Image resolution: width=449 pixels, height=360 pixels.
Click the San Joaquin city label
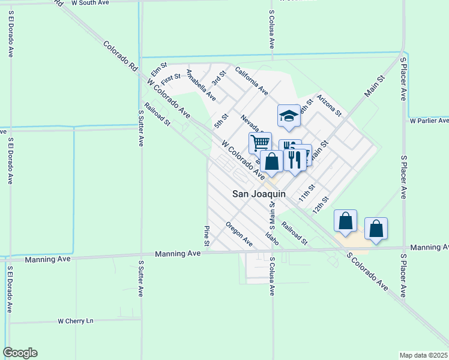click(x=259, y=194)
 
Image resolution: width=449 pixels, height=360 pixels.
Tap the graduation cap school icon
click(x=289, y=116)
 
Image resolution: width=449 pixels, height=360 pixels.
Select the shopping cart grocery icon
click(x=260, y=143)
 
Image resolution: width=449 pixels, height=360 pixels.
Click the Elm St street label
click(x=159, y=68)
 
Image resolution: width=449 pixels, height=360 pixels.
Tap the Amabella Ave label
click(x=200, y=84)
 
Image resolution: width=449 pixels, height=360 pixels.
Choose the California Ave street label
click(x=251, y=80)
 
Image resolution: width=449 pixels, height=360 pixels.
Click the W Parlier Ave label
click(x=429, y=121)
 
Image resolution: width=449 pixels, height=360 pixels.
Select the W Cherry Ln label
click(x=76, y=321)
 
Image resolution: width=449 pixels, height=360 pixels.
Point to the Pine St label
click(x=206, y=236)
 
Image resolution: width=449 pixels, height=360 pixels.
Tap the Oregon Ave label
click(x=239, y=234)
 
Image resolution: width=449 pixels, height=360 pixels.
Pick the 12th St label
click(x=321, y=206)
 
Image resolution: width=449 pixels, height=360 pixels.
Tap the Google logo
click(x=20, y=353)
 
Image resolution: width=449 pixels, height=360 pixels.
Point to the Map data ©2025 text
click(x=424, y=355)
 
